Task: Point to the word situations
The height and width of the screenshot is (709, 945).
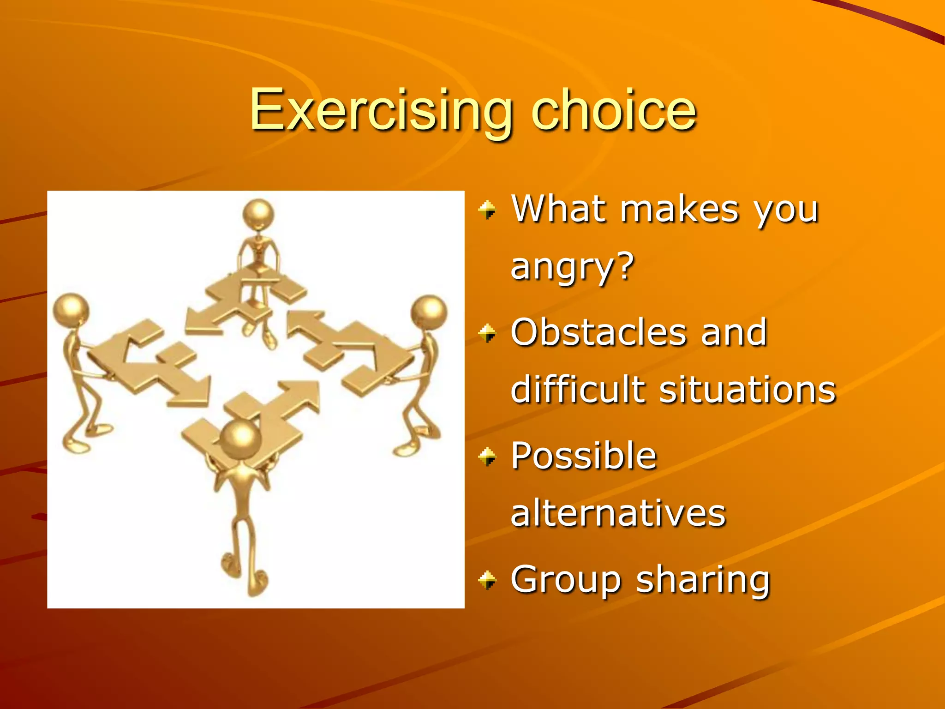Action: tap(748, 390)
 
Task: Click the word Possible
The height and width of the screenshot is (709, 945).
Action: tap(584, 456)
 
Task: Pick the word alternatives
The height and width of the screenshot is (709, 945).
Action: tap(618, 513)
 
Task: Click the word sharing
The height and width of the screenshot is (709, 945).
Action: tap(703, 580)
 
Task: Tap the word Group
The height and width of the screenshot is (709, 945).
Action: tap(566, 580)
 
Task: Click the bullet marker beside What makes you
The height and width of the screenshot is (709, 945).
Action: tap(487, 210)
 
